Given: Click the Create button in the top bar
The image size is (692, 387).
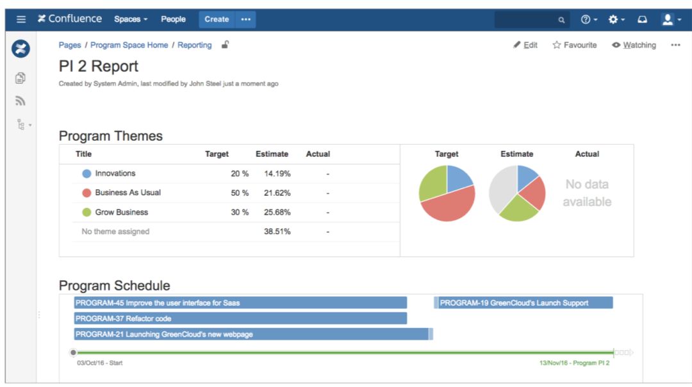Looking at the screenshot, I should coord(217,19).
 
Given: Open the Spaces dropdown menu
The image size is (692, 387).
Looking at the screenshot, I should coord(131,19).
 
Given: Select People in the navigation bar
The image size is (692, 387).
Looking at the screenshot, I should coord(173,19).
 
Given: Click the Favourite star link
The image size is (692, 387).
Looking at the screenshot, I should coord(575,45).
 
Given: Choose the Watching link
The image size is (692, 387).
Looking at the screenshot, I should coord(634,45).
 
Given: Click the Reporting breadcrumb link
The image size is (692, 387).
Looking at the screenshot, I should coord(195,45).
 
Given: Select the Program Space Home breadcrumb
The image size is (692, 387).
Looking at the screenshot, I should coord(129,45).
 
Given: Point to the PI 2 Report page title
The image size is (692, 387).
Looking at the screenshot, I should coord(99,67).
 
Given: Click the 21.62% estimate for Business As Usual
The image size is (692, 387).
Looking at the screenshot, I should coord(277,193).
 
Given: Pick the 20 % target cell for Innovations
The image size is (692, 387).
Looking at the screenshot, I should coord(240,173).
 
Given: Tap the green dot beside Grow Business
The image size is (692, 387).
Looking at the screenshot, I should coord(86,212).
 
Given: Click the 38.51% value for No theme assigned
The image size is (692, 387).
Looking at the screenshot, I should coord(277,232).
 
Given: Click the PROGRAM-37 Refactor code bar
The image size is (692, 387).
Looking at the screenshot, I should coord(240,319).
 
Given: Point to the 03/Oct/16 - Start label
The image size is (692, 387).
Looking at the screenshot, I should coord(100,363).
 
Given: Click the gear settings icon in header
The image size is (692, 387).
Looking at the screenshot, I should coord(613,20).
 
